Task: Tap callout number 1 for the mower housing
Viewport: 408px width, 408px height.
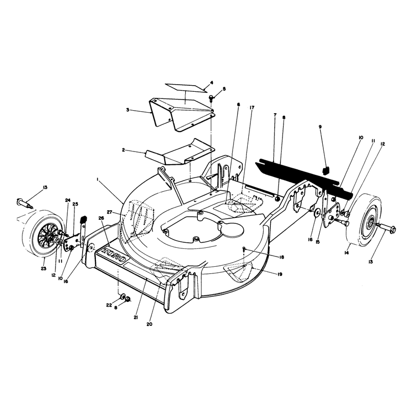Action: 97,180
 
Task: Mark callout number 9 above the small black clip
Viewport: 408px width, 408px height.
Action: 320,126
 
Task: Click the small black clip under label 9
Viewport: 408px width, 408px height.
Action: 326,170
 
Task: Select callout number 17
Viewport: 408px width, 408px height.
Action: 252,108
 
